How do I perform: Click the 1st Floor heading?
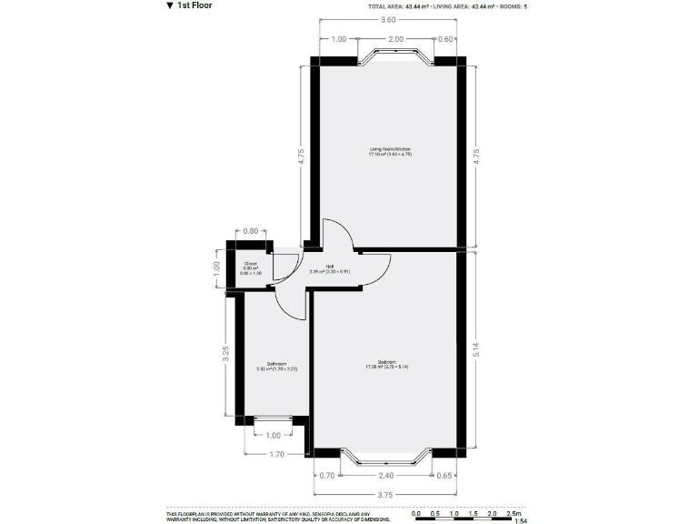coord(194,6)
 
